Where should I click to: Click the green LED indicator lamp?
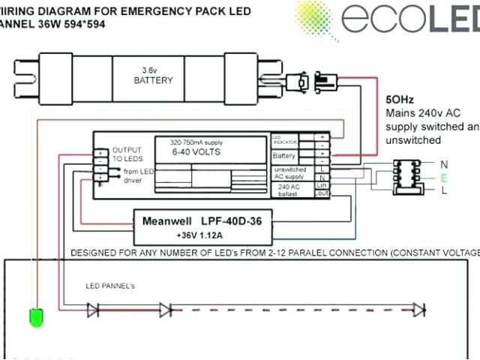point(34,317)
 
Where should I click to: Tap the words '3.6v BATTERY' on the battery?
point(153,75)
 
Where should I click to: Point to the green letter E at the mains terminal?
point(444,177)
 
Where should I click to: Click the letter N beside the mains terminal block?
point(444,163)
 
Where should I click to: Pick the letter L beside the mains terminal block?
point(444,190)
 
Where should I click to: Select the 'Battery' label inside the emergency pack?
point(284,156)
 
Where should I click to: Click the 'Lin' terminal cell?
point(323,184)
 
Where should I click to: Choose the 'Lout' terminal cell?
point(323,193)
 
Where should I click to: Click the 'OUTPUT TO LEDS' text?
point(127,154)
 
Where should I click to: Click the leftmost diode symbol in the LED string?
point(93,308)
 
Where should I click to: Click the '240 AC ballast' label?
point(289,189)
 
